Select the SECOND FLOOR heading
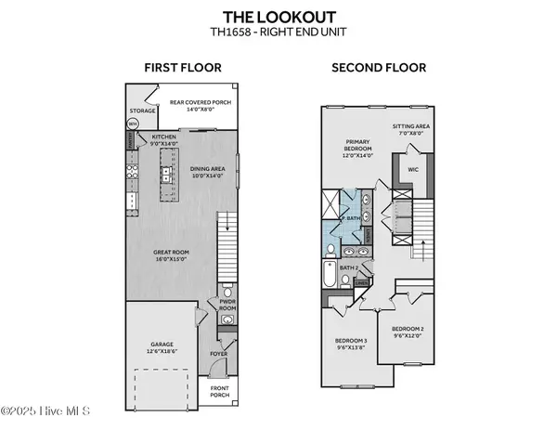point(380,67)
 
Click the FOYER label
point(220,353)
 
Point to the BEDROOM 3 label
point(352,344)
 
